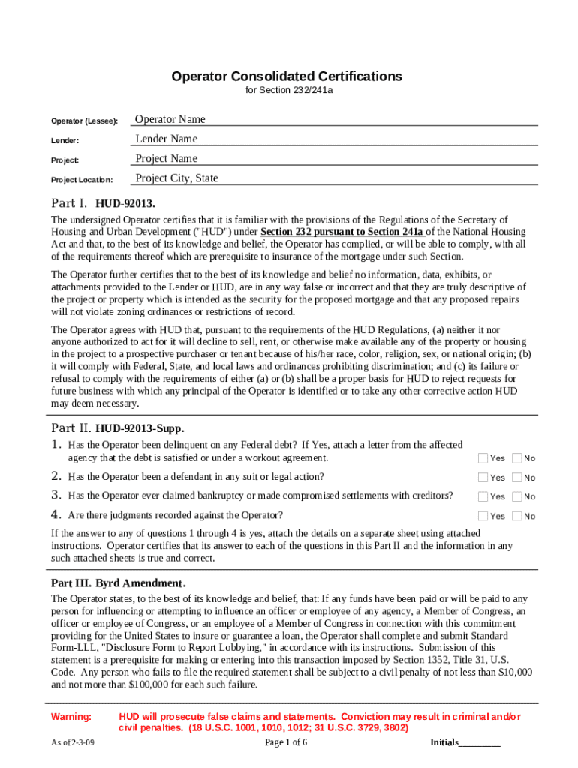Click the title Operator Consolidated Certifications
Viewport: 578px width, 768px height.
[287, 76]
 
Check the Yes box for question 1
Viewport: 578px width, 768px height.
[483, 458]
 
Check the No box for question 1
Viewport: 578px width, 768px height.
[516, 458]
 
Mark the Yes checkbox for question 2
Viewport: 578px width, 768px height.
[483, 478]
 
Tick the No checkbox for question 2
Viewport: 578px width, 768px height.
[516, 478]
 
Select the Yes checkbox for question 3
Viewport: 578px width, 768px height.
[483, 496]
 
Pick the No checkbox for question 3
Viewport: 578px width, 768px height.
[516, 496]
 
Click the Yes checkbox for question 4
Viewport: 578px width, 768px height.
[483, 516]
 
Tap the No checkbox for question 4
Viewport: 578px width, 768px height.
[516, 516]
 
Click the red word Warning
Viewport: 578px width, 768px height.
[71, 717]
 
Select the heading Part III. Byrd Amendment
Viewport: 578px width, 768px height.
[118, 583]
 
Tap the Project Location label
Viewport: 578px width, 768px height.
[82, 180]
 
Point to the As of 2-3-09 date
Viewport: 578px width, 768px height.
[73, 742]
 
